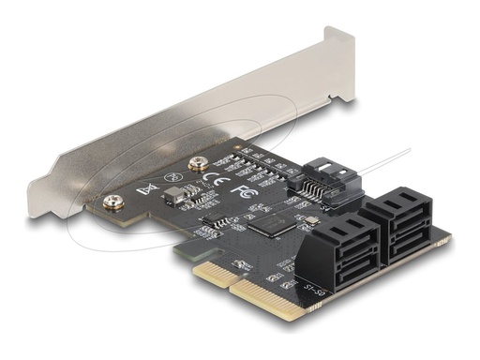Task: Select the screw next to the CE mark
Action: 198,164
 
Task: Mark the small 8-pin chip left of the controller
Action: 216,223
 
